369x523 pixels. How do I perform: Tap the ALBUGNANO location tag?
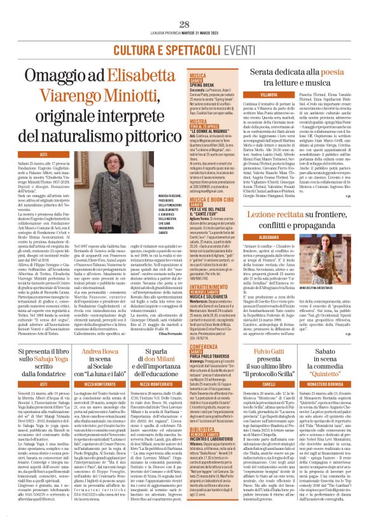pos(277,218)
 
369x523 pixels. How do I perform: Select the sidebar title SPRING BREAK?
pos(207,83)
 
